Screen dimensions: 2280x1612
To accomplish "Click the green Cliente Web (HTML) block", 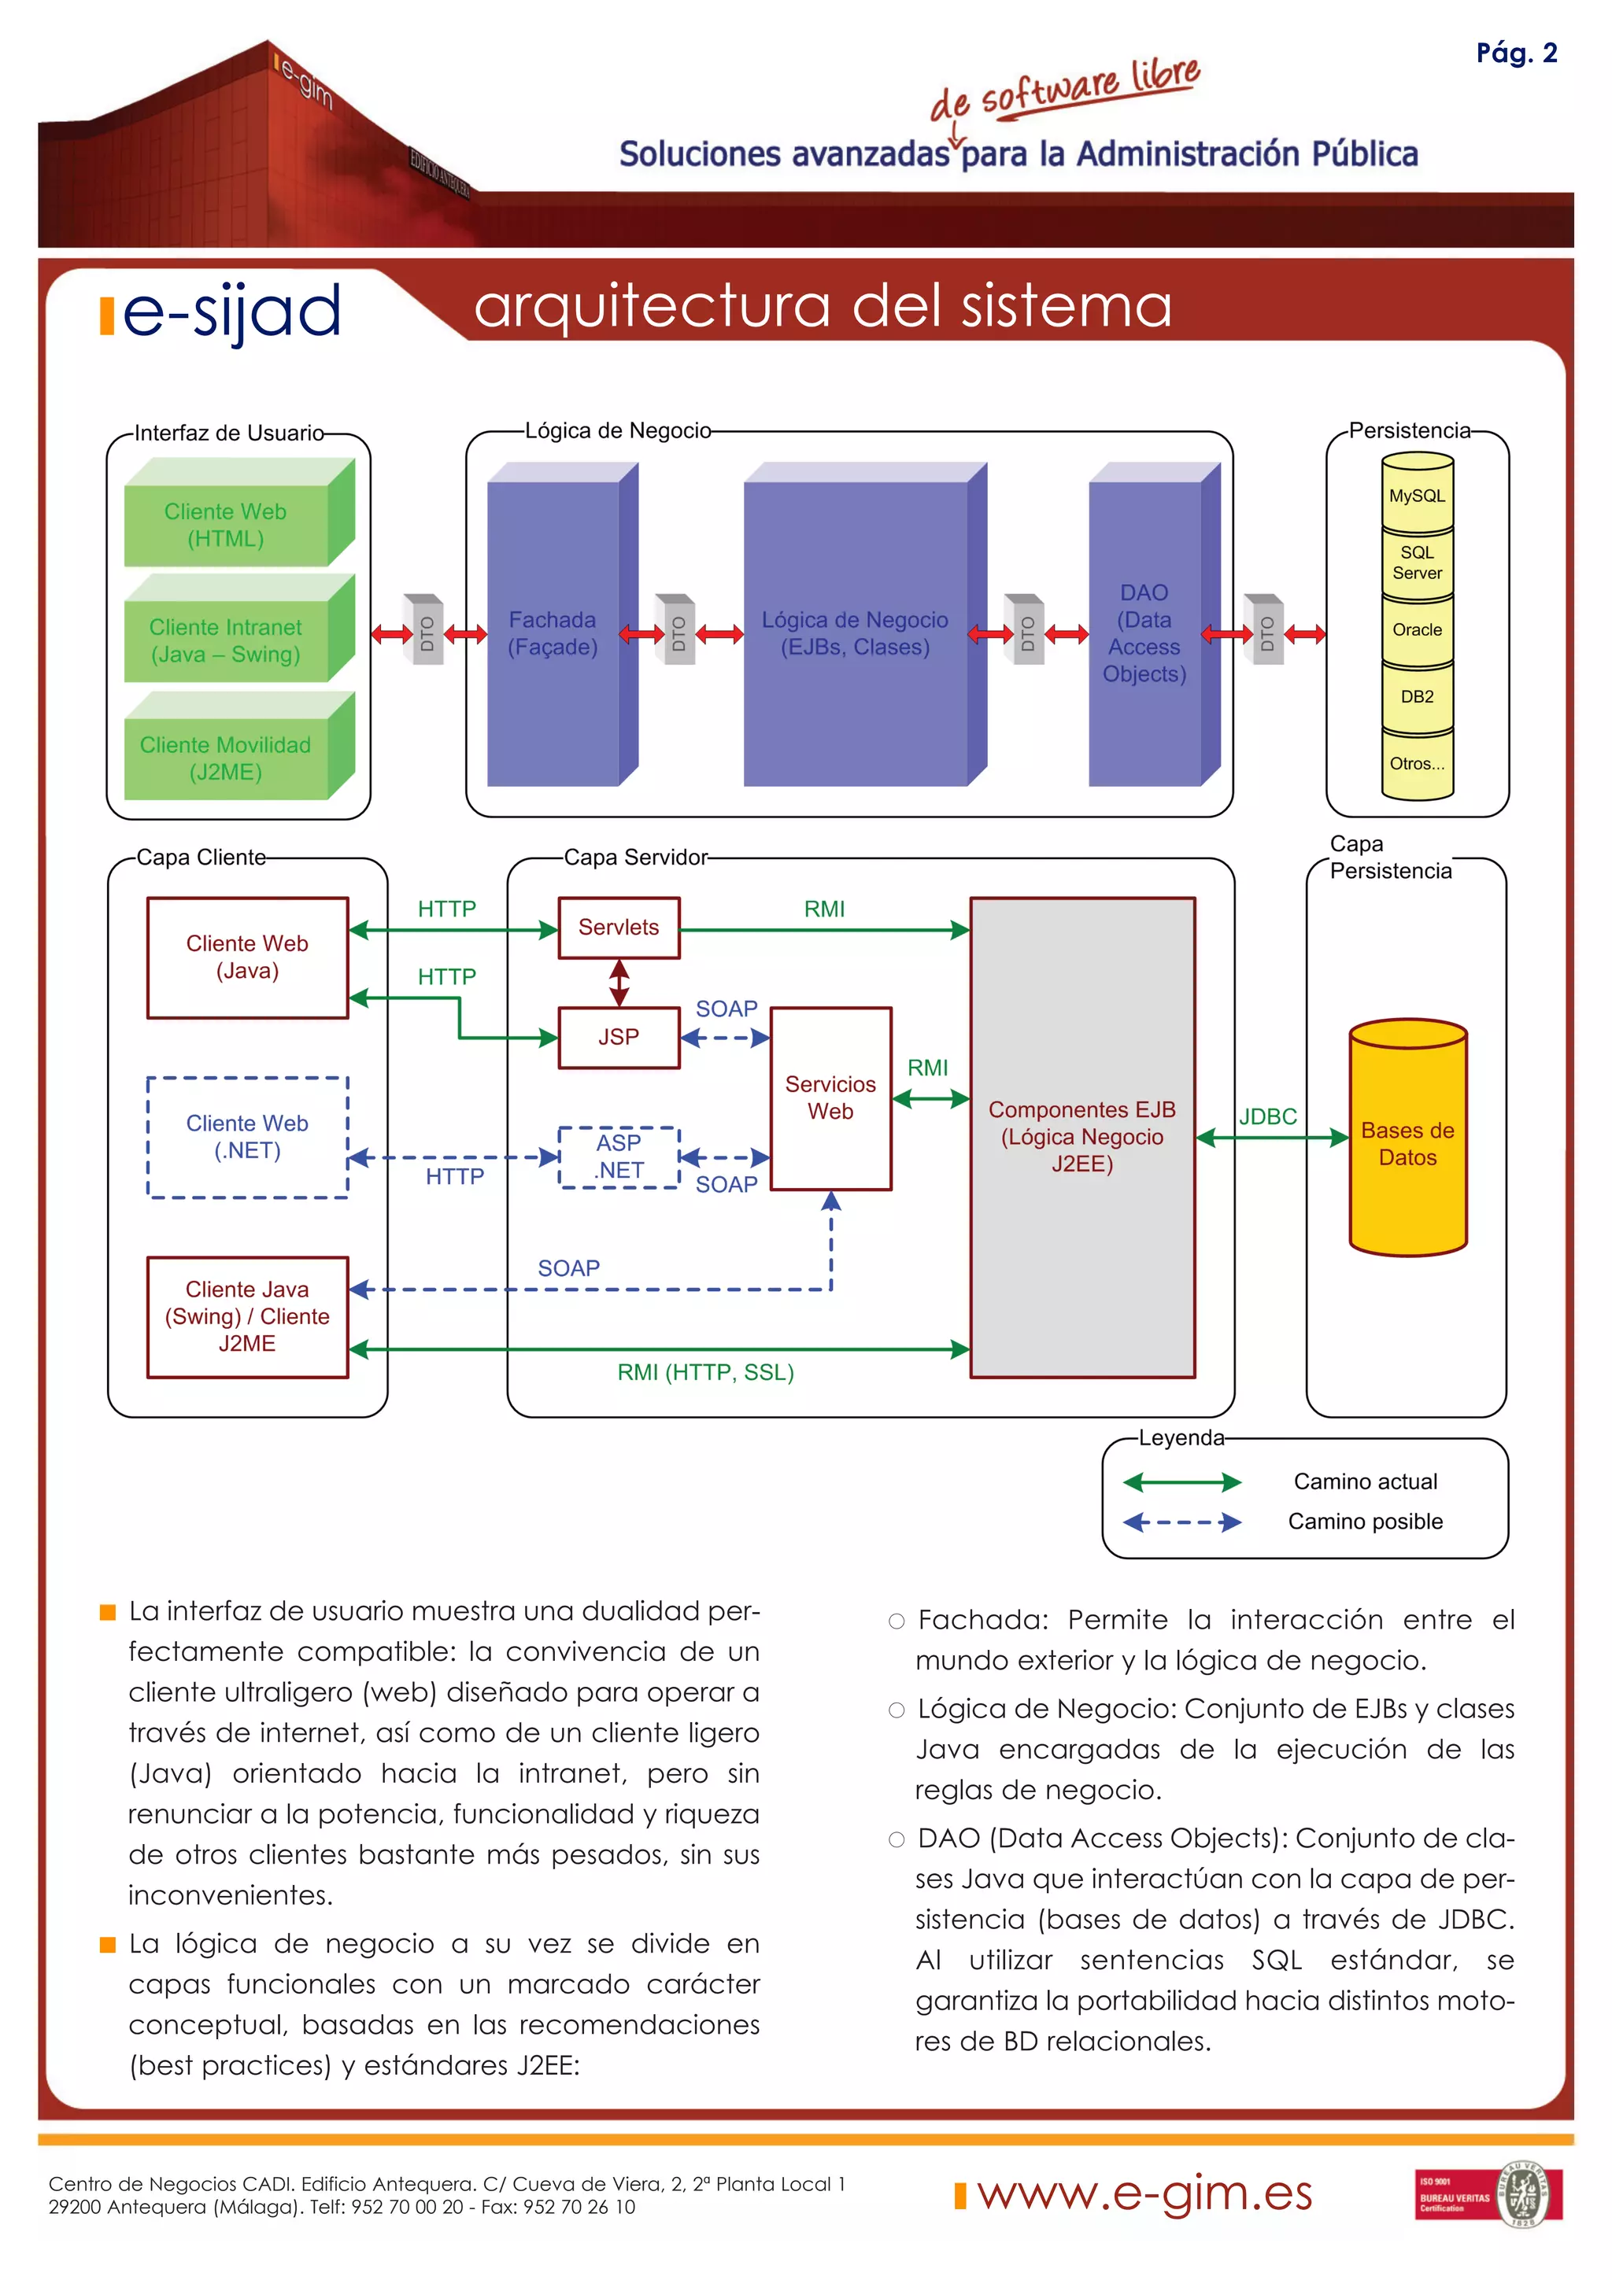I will point(227,524).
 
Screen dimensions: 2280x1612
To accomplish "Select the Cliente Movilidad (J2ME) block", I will point(227,758).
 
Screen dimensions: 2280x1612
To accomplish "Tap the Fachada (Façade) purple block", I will point(553,633).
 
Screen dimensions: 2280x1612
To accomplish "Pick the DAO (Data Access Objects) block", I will point(1144,633).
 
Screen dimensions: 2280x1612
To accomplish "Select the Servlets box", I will point(619,927).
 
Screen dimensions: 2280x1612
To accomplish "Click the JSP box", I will point(619,1037).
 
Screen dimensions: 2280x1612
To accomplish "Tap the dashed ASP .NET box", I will point(619,1156).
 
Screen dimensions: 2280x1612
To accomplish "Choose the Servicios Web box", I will point(830,1098).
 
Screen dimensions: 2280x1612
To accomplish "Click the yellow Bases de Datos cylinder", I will point(1407,1143).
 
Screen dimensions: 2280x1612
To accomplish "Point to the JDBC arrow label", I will point(1267,1116).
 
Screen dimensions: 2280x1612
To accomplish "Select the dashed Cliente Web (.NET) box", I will point(247,1136).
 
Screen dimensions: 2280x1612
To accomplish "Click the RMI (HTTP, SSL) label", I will point(705,1372).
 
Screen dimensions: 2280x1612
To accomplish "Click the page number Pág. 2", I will point(1516,53).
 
